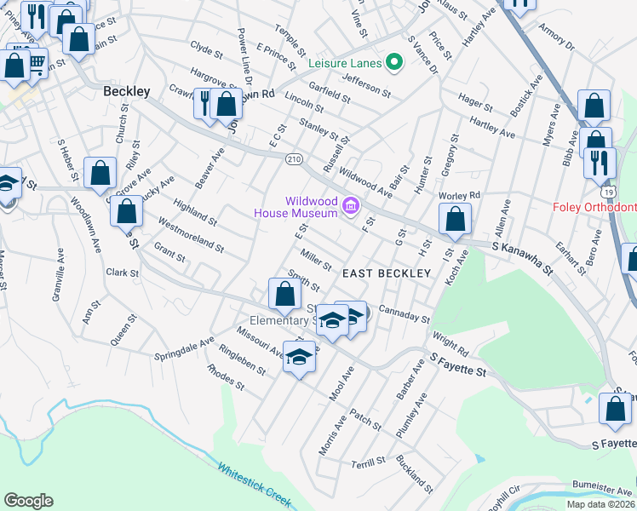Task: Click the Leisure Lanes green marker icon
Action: (x=393, y=61)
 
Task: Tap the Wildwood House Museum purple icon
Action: (x=349, y=206)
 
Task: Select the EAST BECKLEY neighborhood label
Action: (x=387, y=273)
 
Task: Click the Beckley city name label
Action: (x=126, y=90)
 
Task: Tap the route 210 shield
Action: (x=294, y=159)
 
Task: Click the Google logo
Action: (x=28, y=500)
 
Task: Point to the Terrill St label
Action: (x=369, y=464)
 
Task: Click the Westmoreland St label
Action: (x=191, y=235)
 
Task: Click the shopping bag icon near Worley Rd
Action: (x=456, y=219)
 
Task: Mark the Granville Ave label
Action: (x=58, y=267)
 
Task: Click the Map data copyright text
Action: (x=600, y=504)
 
